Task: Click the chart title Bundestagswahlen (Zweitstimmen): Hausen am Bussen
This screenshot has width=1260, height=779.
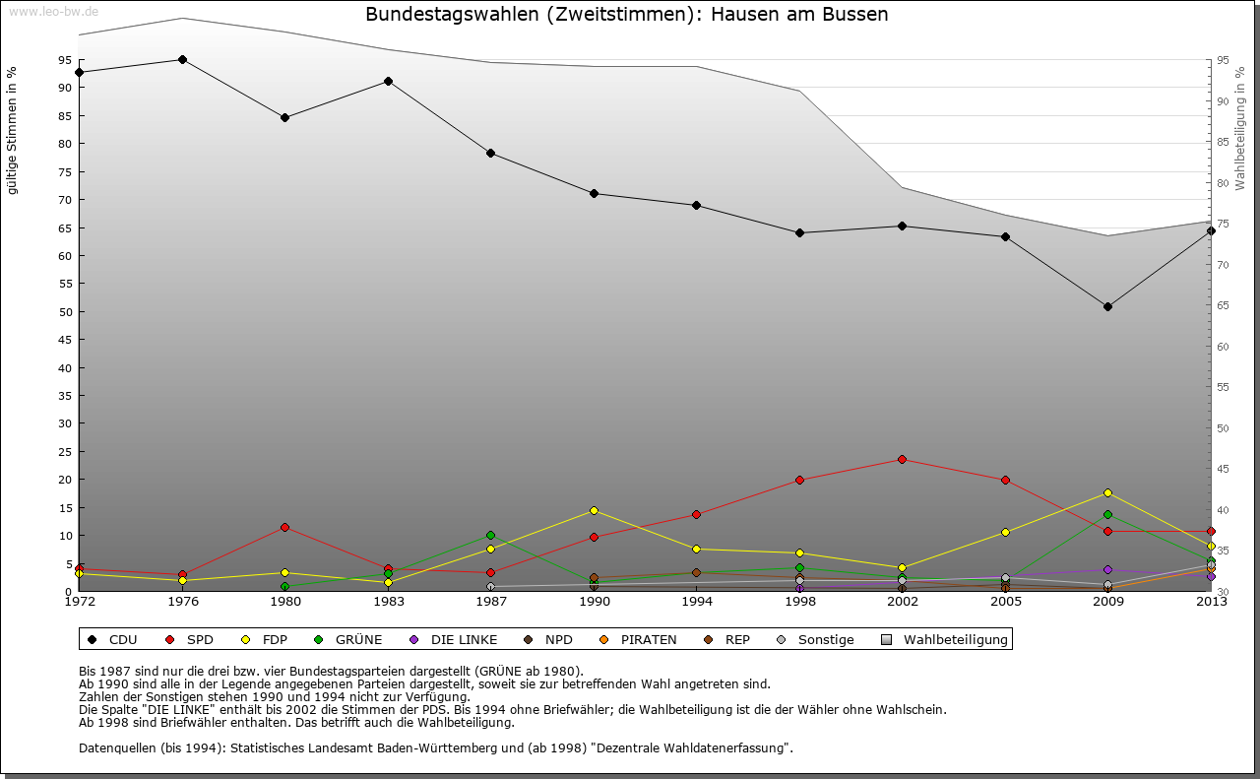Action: pos(626,15)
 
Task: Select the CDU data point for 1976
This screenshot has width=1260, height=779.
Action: pos(182,59)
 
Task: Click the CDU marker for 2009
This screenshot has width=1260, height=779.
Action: pos(1107,306)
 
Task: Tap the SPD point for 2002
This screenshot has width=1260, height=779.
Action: pos(902,459)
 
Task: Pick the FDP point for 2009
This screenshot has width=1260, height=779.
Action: pos(1107,492)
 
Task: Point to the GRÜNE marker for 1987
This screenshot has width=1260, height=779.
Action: pos(490,535)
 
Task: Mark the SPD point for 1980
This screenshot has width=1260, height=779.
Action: pos(284,527)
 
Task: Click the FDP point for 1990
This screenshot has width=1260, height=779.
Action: pos(594,510)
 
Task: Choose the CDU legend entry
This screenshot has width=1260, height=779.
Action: pos(113,640)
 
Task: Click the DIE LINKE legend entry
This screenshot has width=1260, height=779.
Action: pos(454,640)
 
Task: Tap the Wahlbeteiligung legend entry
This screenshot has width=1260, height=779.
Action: pos(945,640)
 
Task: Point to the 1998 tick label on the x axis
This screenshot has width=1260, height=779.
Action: pos(799,602)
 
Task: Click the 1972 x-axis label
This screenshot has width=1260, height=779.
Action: pos(79,602)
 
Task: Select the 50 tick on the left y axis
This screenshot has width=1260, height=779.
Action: pos(65,312)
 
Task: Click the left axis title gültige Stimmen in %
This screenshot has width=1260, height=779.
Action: pos(13,130)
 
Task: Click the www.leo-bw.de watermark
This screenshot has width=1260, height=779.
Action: pos(53,12)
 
